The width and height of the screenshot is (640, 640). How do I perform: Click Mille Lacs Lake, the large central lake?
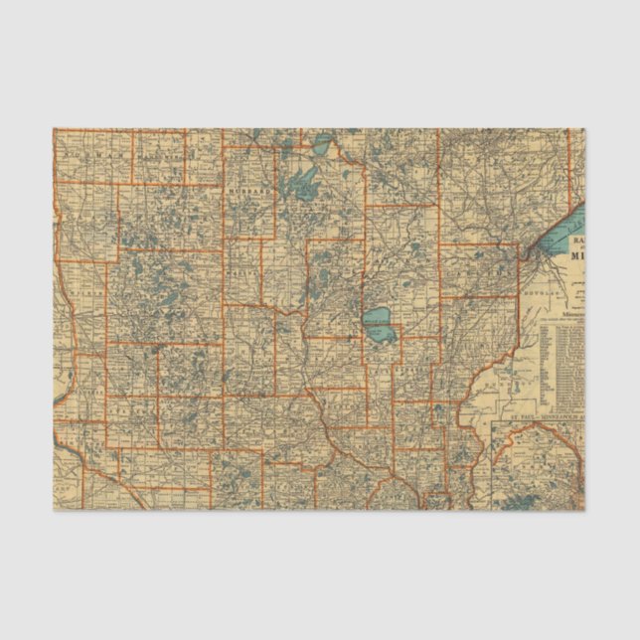point(378,322)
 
